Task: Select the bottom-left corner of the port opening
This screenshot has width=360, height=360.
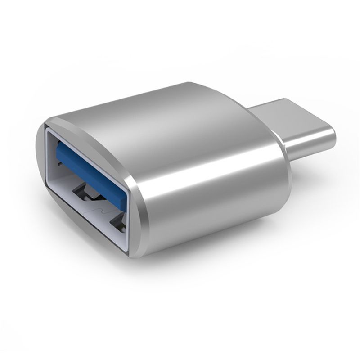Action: pyautogui.click(x=49, y=211)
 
